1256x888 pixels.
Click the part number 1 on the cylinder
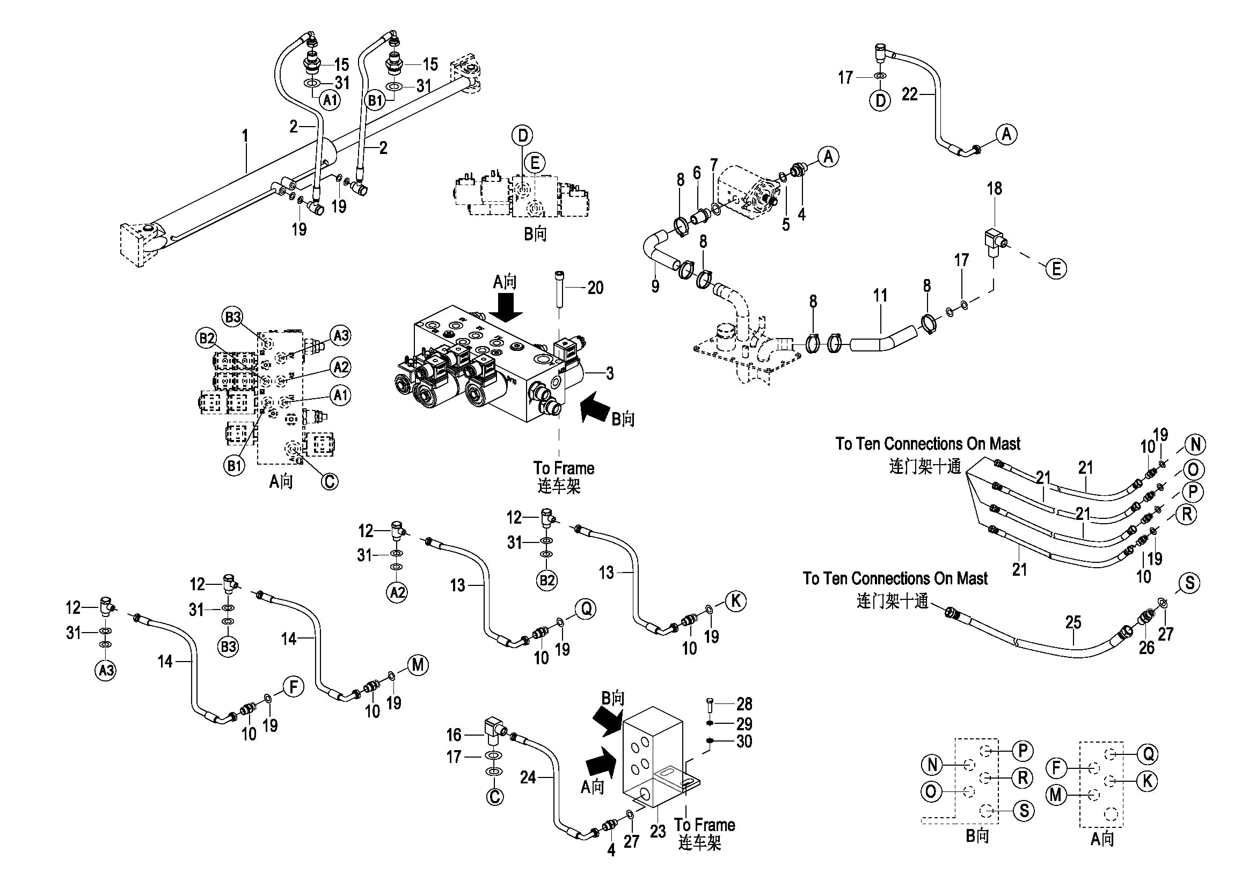(x=246, y=135)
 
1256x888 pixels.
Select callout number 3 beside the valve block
(x=610, y=373)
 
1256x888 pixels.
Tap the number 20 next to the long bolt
(x=595, y=288)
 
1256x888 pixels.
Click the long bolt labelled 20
(x=559, y=290)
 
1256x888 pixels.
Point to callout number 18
(x=995, y=189)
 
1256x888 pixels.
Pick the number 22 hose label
(x=909, y=94)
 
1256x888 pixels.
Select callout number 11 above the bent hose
(x=880, y=296)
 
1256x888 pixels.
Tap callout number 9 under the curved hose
(x=655, y=285)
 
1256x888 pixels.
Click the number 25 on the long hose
(x=1074, y=622)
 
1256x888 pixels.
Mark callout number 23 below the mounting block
(x=658, y=832)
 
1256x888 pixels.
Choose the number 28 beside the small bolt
(x=744, y=704)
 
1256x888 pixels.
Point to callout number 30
(x=744, y=742)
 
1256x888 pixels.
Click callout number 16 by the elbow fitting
(x=454, y=735)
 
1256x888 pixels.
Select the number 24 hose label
(x=528, y=777)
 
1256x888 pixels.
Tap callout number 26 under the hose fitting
(x=1147, y=648)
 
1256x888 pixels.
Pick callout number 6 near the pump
(x=697, y=173)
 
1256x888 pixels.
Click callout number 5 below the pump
(x=786, y=225)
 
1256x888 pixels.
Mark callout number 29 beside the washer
(x=744, y=724)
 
